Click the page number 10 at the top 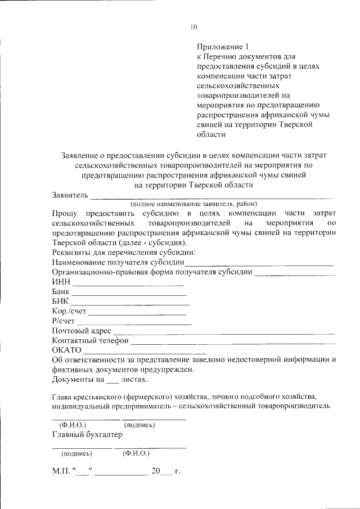coord(194,26)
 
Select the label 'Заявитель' coord(70,195)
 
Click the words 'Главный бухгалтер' coord(87,434)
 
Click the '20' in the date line coord(155,471)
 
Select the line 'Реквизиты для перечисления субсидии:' coord(123,253)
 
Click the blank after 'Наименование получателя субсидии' coord(259,263)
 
